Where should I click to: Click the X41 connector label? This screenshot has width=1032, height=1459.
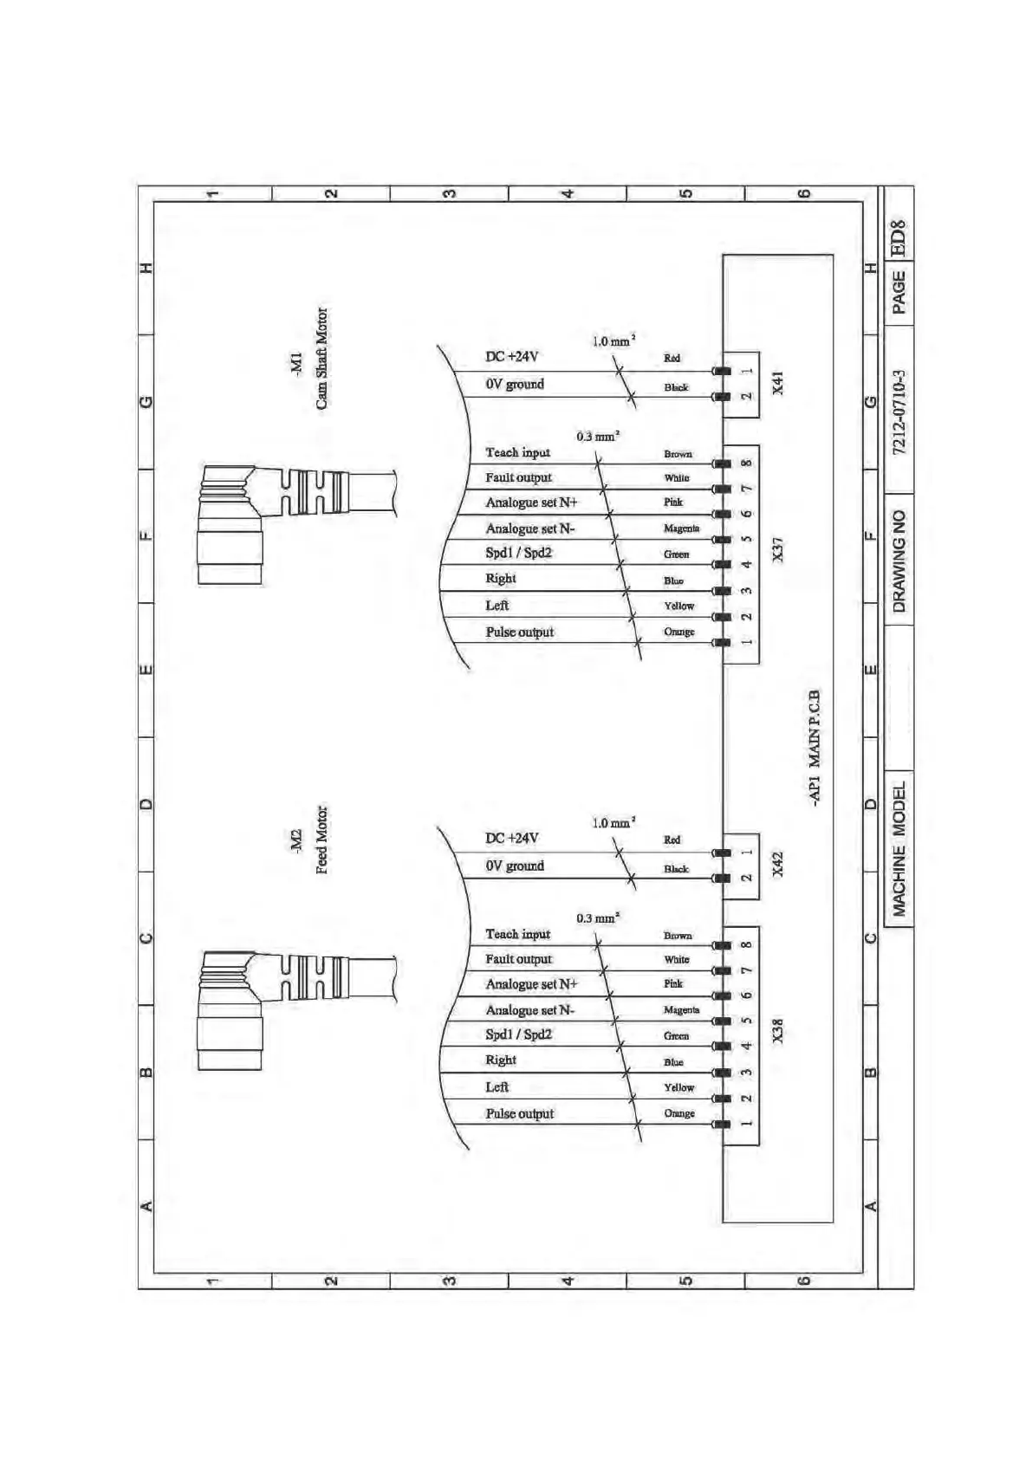tap(777, 383)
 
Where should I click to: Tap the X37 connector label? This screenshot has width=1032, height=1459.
tap(777, 549)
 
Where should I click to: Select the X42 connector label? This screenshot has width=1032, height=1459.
tap(777, 864)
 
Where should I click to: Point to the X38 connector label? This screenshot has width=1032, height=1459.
tap(777, 1031)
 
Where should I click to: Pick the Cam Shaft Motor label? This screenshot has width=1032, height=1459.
tap(321, 359)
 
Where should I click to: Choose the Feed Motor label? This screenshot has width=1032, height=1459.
tap(321, 840)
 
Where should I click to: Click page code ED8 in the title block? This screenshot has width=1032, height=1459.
tap(899, 237)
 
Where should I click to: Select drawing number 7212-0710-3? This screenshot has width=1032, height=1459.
tap(899, 412)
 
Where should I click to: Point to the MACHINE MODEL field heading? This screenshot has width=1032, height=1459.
tap(899, 849)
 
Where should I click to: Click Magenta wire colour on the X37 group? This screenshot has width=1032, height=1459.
tap(681, 528)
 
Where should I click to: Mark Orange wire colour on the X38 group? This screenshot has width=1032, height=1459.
tap(679, 1113)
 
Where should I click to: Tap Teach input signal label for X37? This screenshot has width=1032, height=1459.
tap(517, 452)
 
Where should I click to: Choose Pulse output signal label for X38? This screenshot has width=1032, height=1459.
tap(519, 1114)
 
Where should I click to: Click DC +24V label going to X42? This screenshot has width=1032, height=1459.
tap(511, 838)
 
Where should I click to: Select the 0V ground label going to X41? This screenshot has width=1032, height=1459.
tap(515, 384)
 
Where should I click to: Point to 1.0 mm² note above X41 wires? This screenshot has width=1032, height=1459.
tap(613, 341)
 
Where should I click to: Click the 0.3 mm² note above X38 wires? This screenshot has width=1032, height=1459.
tap(598, 918)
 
